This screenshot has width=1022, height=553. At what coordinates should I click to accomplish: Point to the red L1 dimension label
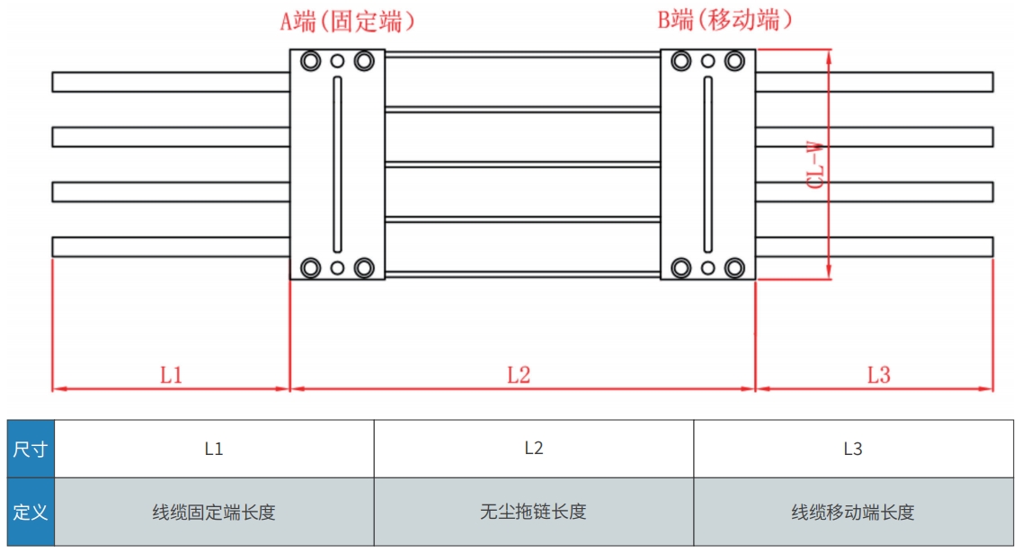171,374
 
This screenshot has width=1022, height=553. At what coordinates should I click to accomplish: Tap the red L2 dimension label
519,374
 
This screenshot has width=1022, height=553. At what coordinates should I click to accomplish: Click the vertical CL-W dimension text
816,164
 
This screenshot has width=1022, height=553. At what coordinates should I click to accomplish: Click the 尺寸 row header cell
30,449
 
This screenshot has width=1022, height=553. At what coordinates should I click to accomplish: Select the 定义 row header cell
30,513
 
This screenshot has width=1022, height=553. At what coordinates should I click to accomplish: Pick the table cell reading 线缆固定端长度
214,513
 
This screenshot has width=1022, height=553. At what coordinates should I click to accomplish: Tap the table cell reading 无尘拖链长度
533,513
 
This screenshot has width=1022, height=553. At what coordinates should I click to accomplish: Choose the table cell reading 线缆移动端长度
852,513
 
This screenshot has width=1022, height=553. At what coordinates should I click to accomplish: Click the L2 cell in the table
533,449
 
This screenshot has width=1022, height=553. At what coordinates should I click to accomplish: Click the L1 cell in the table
214,449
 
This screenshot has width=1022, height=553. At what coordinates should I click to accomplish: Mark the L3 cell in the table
852,449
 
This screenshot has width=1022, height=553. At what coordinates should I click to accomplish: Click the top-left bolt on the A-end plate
311,61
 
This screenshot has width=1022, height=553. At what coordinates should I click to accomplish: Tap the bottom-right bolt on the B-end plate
734,267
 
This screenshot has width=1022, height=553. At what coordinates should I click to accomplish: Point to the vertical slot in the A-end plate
337,165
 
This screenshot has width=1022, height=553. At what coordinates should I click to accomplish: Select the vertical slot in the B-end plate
707,165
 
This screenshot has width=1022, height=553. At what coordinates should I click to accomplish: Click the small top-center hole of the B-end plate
707,61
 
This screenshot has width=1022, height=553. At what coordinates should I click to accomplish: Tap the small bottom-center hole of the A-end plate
337,267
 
